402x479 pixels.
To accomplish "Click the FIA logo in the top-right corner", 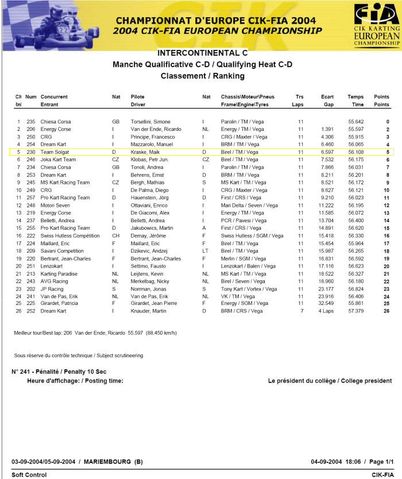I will (x=377, y=24).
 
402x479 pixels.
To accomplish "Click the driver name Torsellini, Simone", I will (x=150, y=122).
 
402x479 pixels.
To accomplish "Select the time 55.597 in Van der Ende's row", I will (x=355, y=129).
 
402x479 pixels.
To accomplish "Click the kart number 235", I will (x=30, y=122).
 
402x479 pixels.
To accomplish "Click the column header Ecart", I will (x=327, y=97).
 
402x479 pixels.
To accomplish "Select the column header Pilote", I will (x=138, y=97).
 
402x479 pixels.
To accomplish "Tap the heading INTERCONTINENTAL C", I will (x=202, y=53).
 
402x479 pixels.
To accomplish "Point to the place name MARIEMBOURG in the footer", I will (x=107, y=461).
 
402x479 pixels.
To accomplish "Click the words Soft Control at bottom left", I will (x=29, y=474).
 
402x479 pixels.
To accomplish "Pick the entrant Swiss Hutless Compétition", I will (x=70, y=235).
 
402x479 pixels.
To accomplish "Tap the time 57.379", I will (x=355, y=310).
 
